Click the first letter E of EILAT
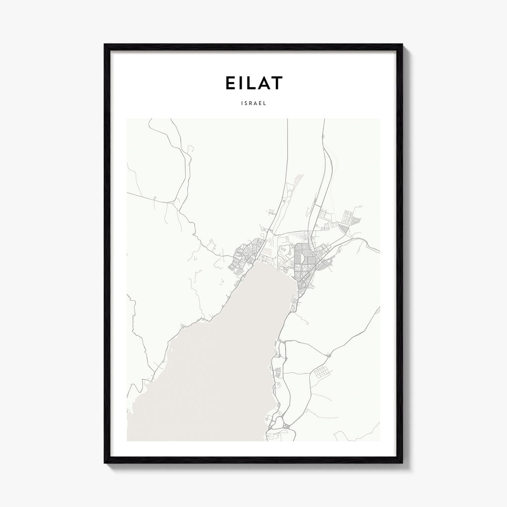[230, 83]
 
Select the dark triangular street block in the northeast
[344, 227]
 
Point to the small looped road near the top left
[189, 147]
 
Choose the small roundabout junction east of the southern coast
[328, 355]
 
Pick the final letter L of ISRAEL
[266, 104]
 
